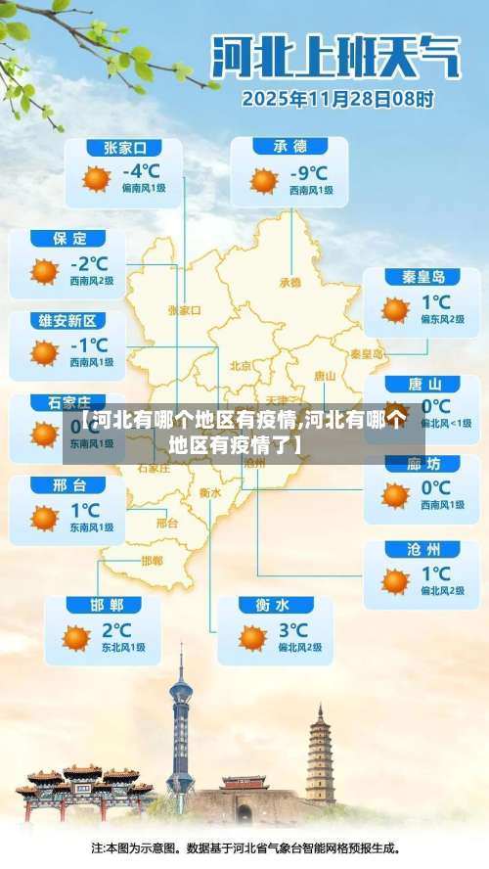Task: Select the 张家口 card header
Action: (124, 148)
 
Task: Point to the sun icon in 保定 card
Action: (44, 271)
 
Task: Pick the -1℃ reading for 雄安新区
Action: (89, 344)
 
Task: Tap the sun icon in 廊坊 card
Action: (395, 495)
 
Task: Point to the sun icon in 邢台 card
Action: (44, 518)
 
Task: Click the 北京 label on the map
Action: (240, 365)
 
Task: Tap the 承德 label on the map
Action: (290, 282)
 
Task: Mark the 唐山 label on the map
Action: (325, 375)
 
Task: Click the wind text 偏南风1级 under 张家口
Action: (145, 191)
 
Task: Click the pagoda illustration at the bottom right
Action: (320, 754)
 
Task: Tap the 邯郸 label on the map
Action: (152, 561)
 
